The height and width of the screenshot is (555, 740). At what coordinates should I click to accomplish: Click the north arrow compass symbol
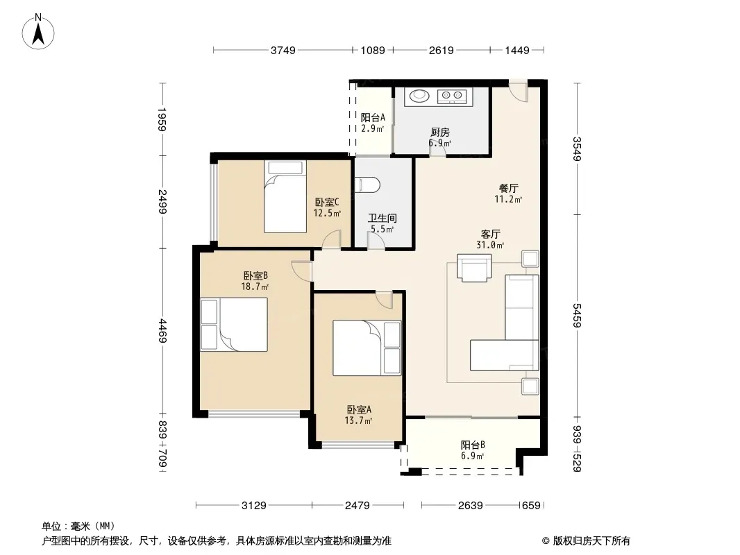[x=38, y=32]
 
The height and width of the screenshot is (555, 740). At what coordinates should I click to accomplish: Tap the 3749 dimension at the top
[x=283, y=50]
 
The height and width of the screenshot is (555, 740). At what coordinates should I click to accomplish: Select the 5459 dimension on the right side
[x=577, y=316]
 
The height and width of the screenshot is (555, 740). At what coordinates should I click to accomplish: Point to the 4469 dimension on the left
[x=162, y=331]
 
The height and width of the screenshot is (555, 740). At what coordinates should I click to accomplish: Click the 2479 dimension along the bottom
[x=358, y=506]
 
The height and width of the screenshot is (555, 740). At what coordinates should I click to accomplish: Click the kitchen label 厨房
[x=440, y=133]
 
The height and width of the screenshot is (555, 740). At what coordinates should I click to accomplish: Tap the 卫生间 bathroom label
[x=382, y=219]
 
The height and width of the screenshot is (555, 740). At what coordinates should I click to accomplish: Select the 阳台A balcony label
[x=373, y=117]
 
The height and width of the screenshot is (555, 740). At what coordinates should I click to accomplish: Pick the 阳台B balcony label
[x=473, y=445]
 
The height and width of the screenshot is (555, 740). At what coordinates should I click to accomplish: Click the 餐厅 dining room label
[x=508, y=188]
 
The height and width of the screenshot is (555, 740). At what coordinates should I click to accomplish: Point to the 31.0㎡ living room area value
[x=490, y=245]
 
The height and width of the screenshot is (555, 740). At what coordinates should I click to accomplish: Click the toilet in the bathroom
[x=367, y=185]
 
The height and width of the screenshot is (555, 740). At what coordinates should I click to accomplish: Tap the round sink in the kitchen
[x=419, y=96]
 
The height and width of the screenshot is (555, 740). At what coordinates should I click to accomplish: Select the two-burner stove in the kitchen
[x=452, y=96]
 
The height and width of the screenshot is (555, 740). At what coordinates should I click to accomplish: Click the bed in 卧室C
[x=285, y=196]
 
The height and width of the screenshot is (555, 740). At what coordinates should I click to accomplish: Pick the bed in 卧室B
[x=234, y=325]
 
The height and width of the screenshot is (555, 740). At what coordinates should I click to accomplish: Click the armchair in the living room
[x=474, y=268]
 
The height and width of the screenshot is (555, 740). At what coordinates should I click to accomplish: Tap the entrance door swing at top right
[x=518, y=91]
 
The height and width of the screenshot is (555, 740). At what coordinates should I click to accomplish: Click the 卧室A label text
[x=359, y=409]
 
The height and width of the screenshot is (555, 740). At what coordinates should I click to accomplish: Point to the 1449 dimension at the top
[x=516, y=50]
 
